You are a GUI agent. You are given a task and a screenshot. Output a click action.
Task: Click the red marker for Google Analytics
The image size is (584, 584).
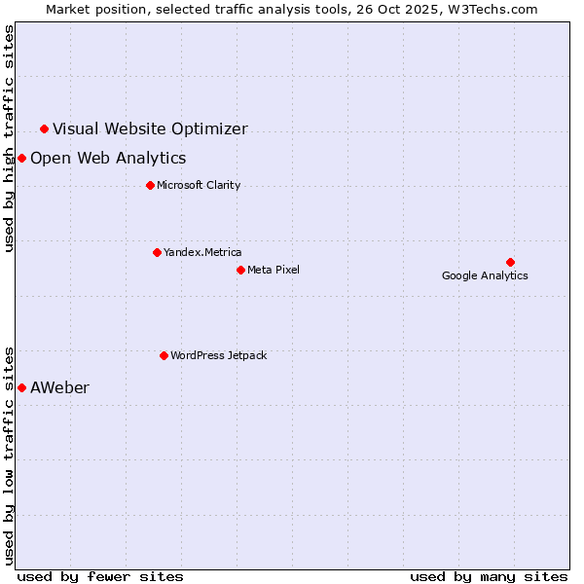click(510, 262)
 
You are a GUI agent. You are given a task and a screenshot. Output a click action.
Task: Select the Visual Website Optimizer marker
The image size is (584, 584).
click(44, 128)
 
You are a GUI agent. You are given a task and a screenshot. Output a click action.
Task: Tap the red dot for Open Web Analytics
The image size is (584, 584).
click(21, 158)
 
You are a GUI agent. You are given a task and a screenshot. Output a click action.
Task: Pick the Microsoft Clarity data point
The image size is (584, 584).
click(150, 185)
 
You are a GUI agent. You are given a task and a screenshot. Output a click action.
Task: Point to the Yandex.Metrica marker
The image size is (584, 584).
click(157, 252)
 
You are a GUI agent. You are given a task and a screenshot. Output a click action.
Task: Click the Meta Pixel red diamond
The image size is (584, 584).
click(240, 270)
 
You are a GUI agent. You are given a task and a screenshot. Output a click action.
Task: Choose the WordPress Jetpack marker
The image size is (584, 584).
click(164, 355)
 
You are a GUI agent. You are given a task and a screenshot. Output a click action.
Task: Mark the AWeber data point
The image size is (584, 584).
click(21, 387)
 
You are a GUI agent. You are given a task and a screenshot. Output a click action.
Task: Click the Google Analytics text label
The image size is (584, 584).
click(485, 275)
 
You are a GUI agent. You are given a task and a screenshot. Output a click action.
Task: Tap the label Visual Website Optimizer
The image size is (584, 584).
click(150, 128)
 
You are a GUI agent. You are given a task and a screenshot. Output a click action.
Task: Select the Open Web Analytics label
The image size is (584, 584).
click(108, 158)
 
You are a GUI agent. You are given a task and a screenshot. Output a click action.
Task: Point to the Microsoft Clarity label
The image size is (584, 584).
click(199, 185)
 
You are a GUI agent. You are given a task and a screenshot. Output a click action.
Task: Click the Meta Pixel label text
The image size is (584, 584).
click(274, 270)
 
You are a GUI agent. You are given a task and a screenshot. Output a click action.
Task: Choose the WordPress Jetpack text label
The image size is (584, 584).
click(218, 355)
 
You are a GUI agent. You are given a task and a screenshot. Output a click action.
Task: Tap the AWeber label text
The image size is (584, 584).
click(59, 387)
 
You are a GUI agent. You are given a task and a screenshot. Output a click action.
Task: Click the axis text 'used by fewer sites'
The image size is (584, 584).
click(100, 576)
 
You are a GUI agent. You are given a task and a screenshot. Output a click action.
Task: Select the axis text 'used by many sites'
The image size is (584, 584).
click(489, 576)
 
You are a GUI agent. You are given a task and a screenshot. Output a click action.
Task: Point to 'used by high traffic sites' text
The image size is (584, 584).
click(10, 138)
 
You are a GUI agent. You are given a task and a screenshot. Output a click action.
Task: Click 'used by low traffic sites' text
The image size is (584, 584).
click(10, 455)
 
